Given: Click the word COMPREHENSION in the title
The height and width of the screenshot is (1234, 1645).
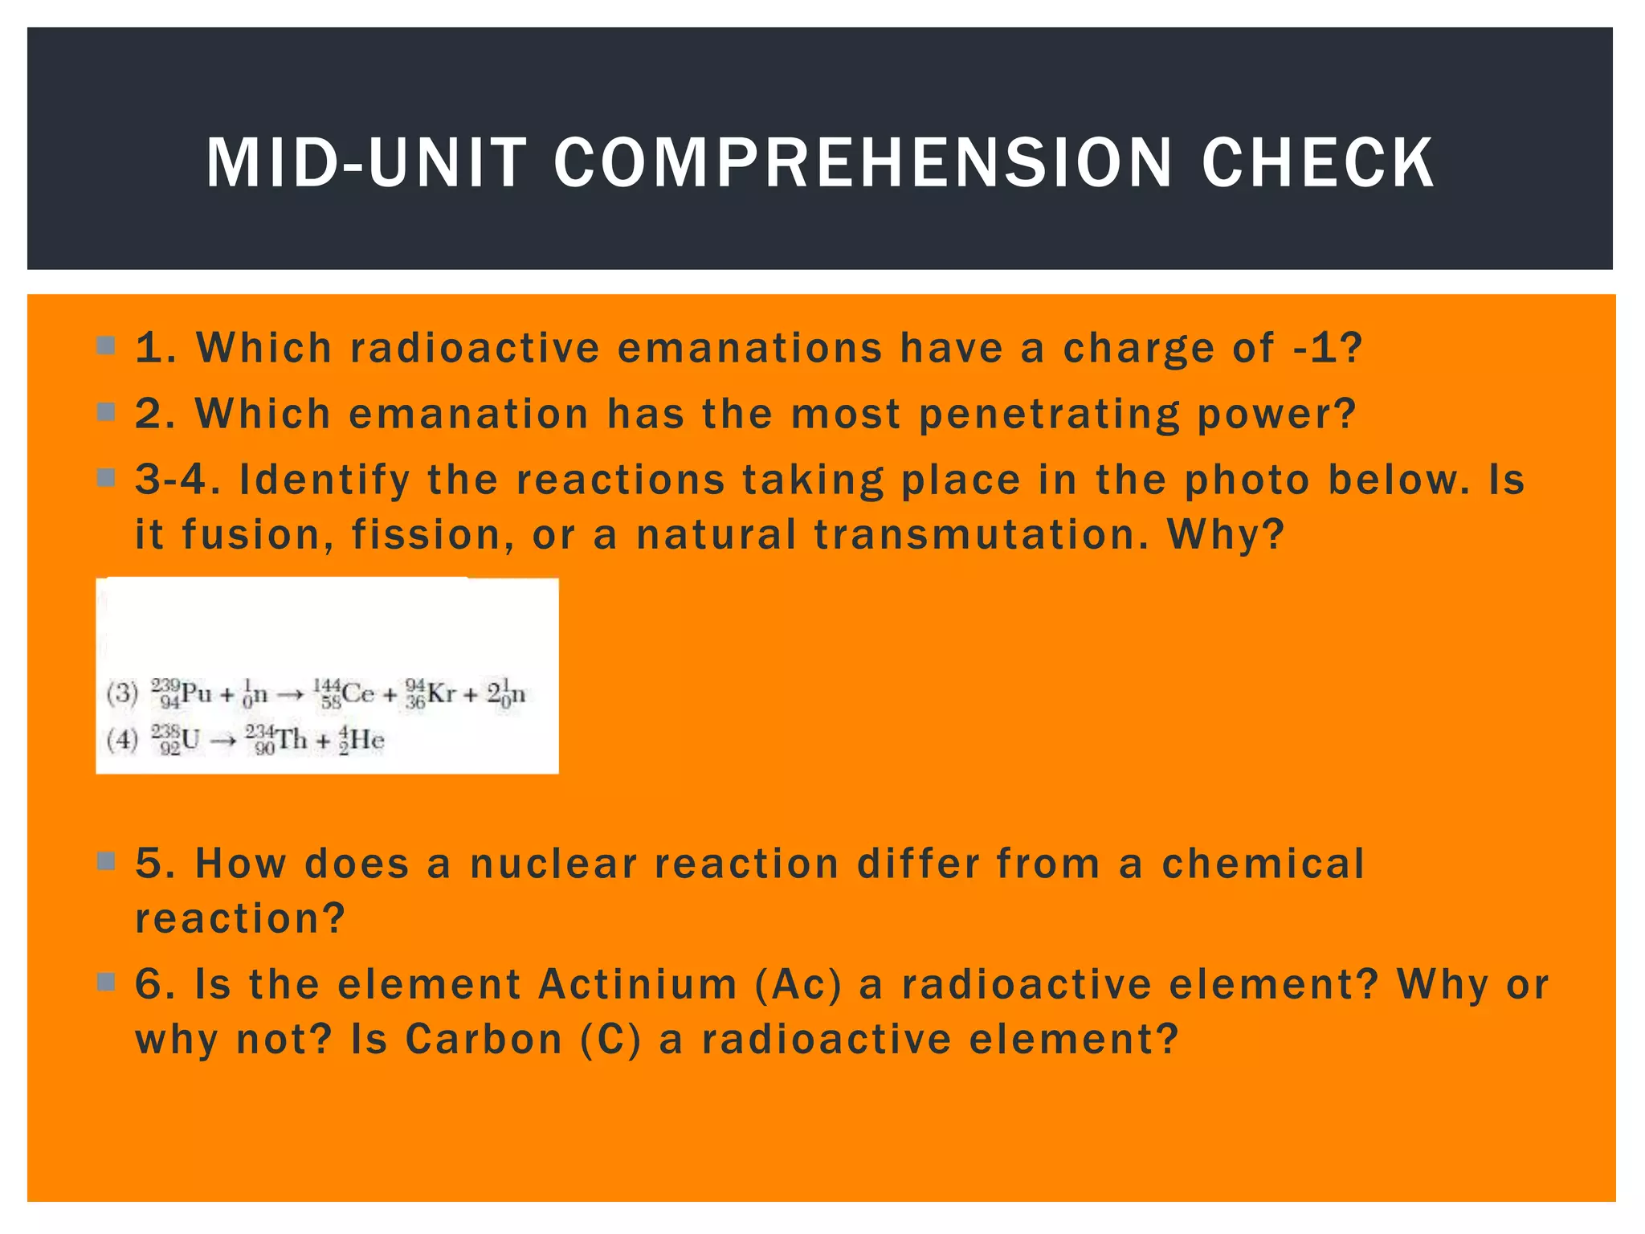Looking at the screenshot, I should pyautogui.click(x=863, y=163).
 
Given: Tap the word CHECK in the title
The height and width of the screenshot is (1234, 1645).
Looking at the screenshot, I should pyautogui.click(x=1317, y=163).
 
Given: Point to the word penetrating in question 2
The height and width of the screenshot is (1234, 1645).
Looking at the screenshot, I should pyautogui.click(x=1048, y=415).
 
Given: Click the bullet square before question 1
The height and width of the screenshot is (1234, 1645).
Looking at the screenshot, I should pyautogui.click(x=106, y=346).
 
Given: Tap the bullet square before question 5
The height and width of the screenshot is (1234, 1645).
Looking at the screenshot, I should pyautogui.click(x=106, y=862).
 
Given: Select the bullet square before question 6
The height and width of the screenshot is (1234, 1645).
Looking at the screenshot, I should pyautogui.click(x=106, y=982).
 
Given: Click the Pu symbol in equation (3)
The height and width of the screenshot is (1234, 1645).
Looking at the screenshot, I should pyautogui.click(x=196, y=693).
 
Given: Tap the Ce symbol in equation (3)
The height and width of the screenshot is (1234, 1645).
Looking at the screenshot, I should pyautogui.click(x=358, y=693).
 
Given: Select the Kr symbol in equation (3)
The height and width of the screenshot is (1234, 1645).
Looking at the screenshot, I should pyautogui.click(x=442, y=693).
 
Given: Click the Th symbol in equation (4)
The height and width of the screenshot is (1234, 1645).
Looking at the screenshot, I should pyautogui.click(x=292, y=739).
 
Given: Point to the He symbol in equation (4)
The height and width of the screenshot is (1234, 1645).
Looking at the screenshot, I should pyautogui.click(x=367, y=739).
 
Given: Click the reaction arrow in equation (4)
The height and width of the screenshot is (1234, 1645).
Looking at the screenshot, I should pyautogui.click(x=223, y=740).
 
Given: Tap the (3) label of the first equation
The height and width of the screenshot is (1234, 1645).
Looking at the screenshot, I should pyautogui.click(x=122, y=693).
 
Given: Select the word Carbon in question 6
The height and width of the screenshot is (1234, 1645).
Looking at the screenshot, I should pyautogui.click(x=484, y=1039).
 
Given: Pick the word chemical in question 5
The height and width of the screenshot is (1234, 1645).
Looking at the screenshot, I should pyautogui.click(x=1263, y=864).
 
